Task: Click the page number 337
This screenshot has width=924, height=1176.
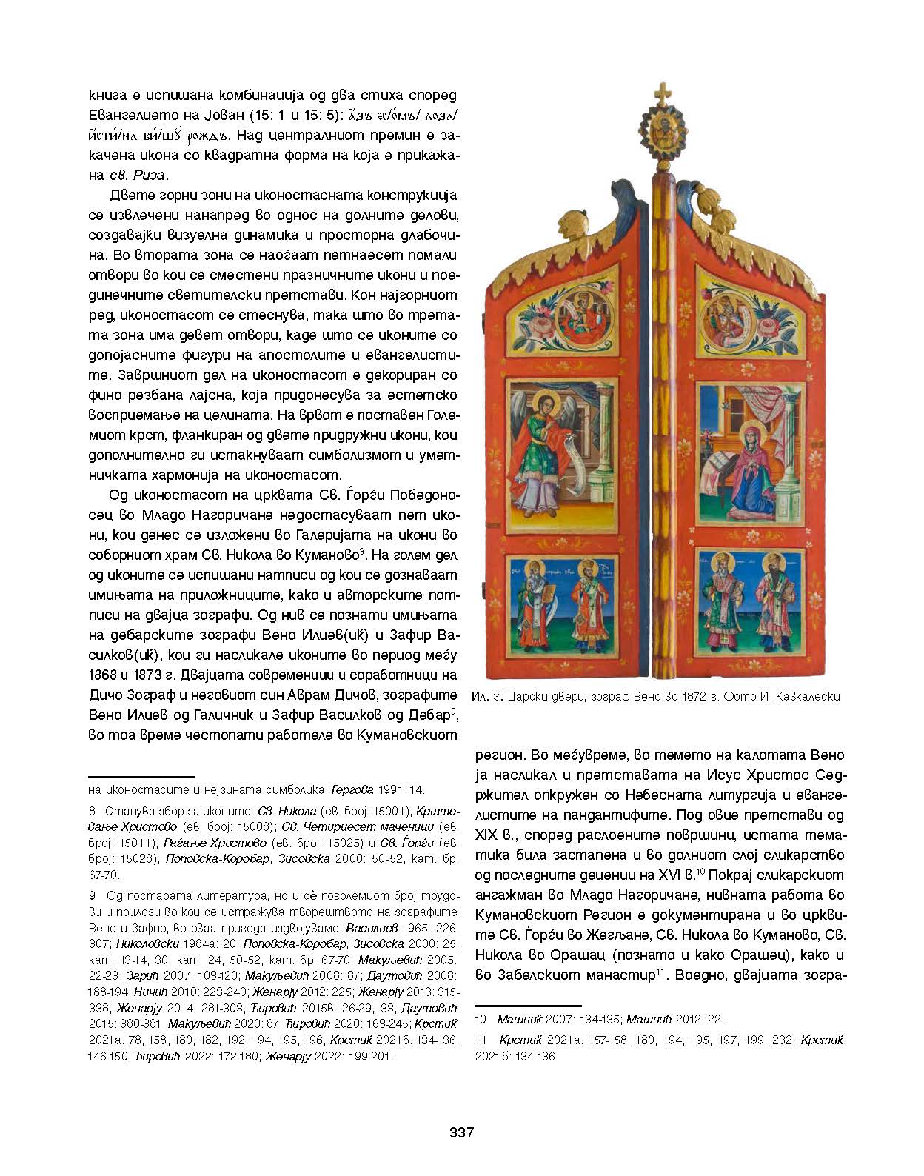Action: (x=461, y=1132)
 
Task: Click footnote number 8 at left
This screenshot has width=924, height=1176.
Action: (x=92, y=811)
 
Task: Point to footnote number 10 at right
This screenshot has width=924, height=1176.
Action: (x=481, y=1019)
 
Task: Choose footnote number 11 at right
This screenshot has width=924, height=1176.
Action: (x=481, y=1040)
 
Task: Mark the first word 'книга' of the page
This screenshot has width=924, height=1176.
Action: (x=108, y=96)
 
